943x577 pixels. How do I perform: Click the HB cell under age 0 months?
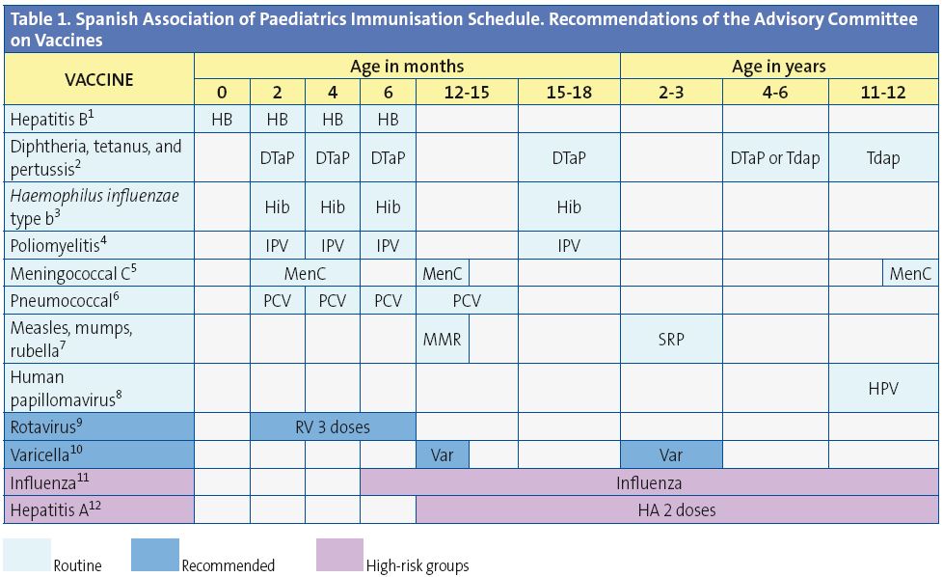click(222, 120)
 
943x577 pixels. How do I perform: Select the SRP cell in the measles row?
click(671, 340)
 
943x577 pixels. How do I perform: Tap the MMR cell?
click(442, 340)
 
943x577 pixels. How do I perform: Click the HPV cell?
click(882, 388)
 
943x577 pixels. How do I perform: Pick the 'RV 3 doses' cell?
click(333, 426)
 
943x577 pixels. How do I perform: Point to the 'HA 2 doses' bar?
click(677, 509)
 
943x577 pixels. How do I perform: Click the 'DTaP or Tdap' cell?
click(774, 157)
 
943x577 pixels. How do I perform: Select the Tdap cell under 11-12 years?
click(882, 157)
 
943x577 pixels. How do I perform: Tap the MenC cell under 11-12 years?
click(910, 274)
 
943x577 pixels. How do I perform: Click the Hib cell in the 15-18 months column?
click(568, 206)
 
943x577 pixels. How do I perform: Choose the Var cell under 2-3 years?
click(671, 453)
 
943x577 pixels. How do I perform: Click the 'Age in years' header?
click(778, 67)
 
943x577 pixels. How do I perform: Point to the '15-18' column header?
click(568, 93)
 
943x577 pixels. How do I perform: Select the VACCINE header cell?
click(99, 79)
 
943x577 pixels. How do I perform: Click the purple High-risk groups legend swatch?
click(339, 556)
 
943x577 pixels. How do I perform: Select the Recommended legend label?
click(228, 565)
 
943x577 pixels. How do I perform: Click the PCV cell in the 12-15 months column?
click(467, 301)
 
